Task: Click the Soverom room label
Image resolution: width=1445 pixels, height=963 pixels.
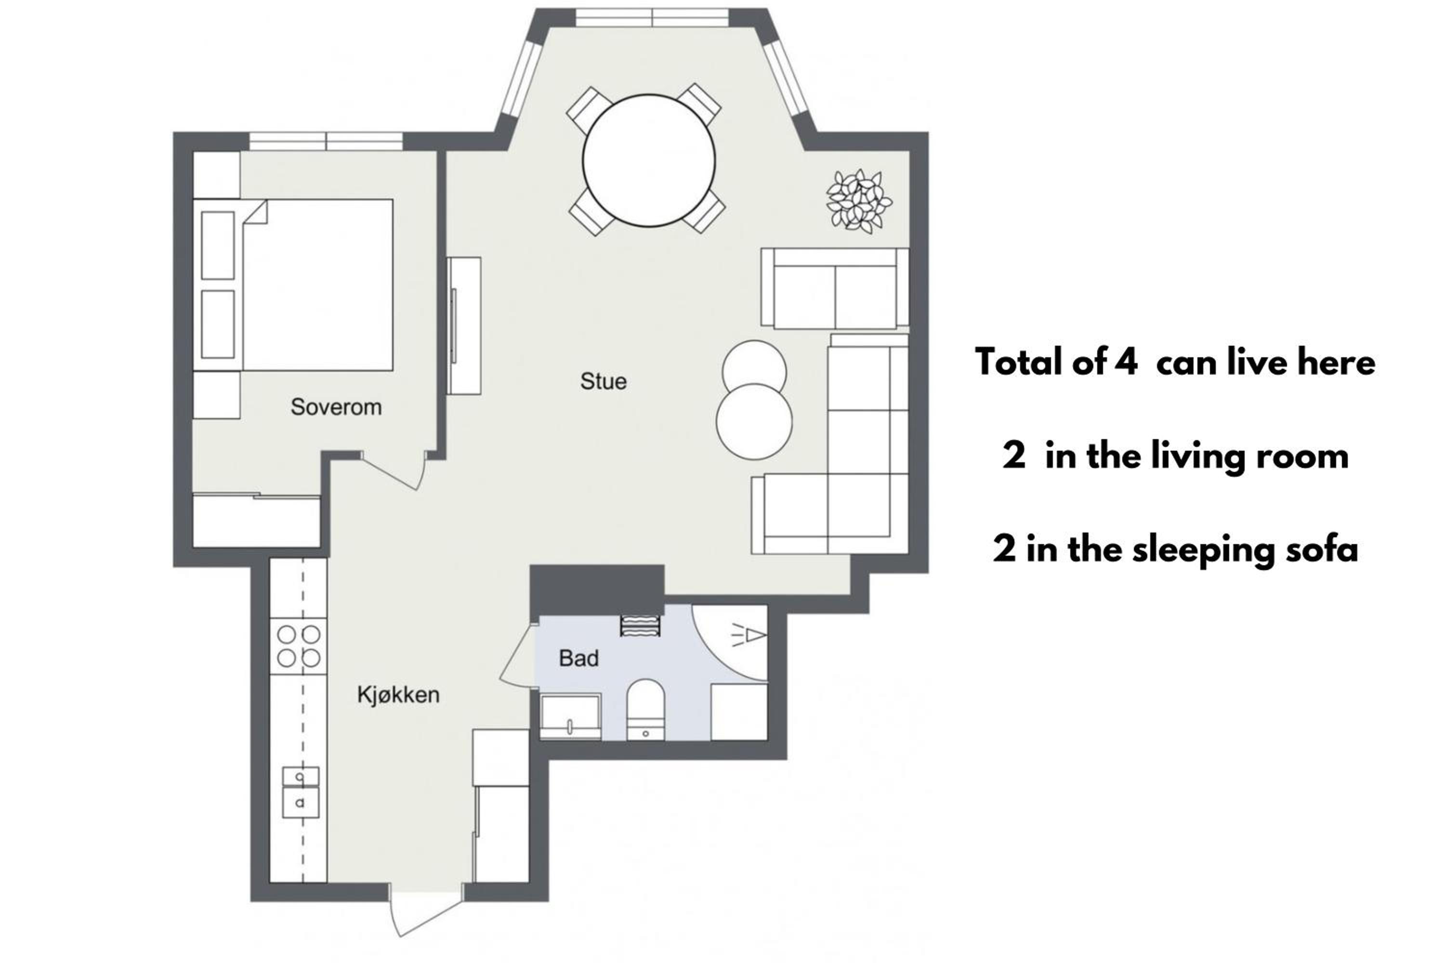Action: coord(336,406)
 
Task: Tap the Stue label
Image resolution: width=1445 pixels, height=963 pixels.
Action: coord(604,381)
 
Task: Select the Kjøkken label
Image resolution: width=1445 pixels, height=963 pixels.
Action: coord(398,695)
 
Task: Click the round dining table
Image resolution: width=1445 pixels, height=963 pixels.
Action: coord(649,160)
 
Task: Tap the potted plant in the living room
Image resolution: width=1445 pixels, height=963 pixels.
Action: coord(859,201)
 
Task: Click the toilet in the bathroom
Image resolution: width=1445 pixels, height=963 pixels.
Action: coord(646,709)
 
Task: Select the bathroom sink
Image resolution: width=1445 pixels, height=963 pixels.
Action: coord(570,716)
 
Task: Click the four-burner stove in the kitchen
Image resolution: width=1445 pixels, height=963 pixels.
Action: coord(299,646)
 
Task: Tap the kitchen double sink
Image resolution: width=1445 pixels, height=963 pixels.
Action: coord(301,792)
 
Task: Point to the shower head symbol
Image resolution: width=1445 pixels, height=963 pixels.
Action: coord(749,635)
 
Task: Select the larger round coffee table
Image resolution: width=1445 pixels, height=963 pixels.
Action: coord(754,421)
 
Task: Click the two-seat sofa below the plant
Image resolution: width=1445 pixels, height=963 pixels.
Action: coord(835,288)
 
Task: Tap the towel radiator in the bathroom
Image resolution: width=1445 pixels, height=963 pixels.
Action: coord(640,625)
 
